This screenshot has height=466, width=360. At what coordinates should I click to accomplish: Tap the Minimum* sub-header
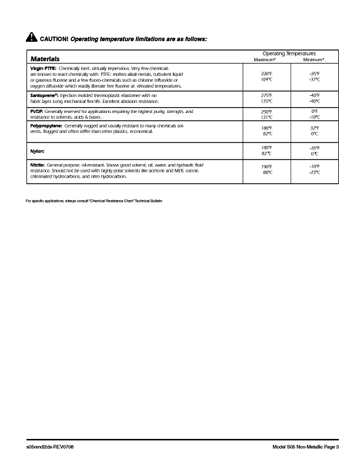point(314,60)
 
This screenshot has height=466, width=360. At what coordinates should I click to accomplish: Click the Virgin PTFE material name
point(43,69)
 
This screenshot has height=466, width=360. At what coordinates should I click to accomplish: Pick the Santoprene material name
point(44,95)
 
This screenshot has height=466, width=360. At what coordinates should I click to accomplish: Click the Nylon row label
point(37,151)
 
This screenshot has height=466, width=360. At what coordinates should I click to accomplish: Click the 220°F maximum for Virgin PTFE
point(266,74)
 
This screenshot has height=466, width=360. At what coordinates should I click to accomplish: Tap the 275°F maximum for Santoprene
point(266,95)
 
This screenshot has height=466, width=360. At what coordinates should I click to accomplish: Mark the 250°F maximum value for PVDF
point(266,111)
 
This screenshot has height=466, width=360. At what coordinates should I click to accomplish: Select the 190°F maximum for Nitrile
point(266,167)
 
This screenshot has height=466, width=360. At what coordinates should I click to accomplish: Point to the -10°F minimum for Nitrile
point(314,167)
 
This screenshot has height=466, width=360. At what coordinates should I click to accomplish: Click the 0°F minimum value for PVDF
point(315,111)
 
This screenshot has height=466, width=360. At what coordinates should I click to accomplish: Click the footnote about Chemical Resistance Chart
point(94,201)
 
